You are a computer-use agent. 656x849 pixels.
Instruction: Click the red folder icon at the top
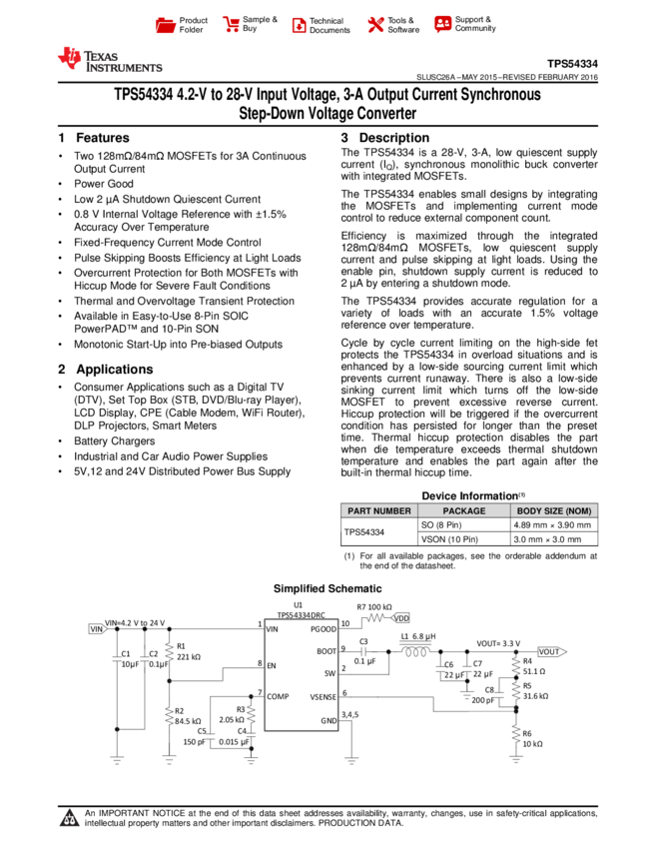point(166,26)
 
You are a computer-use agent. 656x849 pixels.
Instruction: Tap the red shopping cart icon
point(232,25)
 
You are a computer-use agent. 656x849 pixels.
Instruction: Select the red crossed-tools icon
point(375,25)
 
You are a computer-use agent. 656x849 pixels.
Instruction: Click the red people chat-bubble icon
point(443,24)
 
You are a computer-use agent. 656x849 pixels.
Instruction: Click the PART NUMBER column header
point(378,510)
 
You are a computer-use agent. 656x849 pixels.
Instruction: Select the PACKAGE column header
point(463,510)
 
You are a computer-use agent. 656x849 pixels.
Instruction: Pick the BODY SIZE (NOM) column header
point(554,510)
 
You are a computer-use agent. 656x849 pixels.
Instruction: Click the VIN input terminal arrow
point(97,629)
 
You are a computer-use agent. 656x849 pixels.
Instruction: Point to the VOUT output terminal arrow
point(552,651)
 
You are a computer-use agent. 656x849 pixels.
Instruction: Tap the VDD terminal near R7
point(401,618)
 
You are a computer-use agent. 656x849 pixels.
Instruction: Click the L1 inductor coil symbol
point(415,652)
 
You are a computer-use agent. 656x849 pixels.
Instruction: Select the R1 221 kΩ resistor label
point(189,651)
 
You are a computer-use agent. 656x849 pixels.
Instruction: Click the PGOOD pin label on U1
point(324,629)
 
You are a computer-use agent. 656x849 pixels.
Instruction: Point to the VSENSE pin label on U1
point(323,696)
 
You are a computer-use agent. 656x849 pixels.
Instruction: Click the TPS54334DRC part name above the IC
point(301,616)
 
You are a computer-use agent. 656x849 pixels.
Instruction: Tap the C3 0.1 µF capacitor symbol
point(363,651)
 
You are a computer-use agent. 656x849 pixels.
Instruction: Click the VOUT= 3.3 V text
point(498,643)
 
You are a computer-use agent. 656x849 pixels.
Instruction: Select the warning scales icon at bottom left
point(70,818)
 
